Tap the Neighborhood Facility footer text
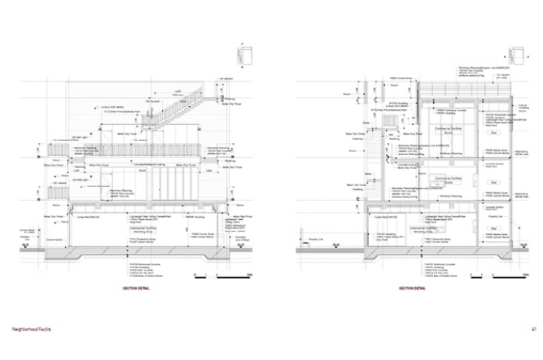(x=35, y=329)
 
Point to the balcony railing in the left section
(x=136, y=148)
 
